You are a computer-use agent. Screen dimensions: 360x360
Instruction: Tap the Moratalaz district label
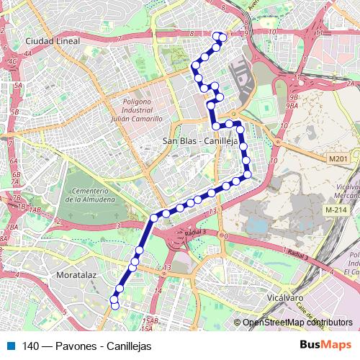coord(76,275)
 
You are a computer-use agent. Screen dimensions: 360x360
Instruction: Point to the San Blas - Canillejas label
coord(200,141)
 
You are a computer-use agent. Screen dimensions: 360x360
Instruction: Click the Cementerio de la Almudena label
coord(89,194)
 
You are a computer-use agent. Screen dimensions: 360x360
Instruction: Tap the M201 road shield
coord(337,158)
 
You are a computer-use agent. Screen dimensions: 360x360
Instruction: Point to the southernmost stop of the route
coord(114,305)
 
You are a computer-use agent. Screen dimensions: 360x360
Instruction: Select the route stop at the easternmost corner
coord(247,174)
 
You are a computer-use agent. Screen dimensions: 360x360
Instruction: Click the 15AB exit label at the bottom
coord(149,320)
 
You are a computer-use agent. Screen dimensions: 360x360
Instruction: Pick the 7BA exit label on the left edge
coord(11,227)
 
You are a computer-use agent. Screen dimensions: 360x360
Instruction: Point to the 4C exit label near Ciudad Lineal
coord(11,62)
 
